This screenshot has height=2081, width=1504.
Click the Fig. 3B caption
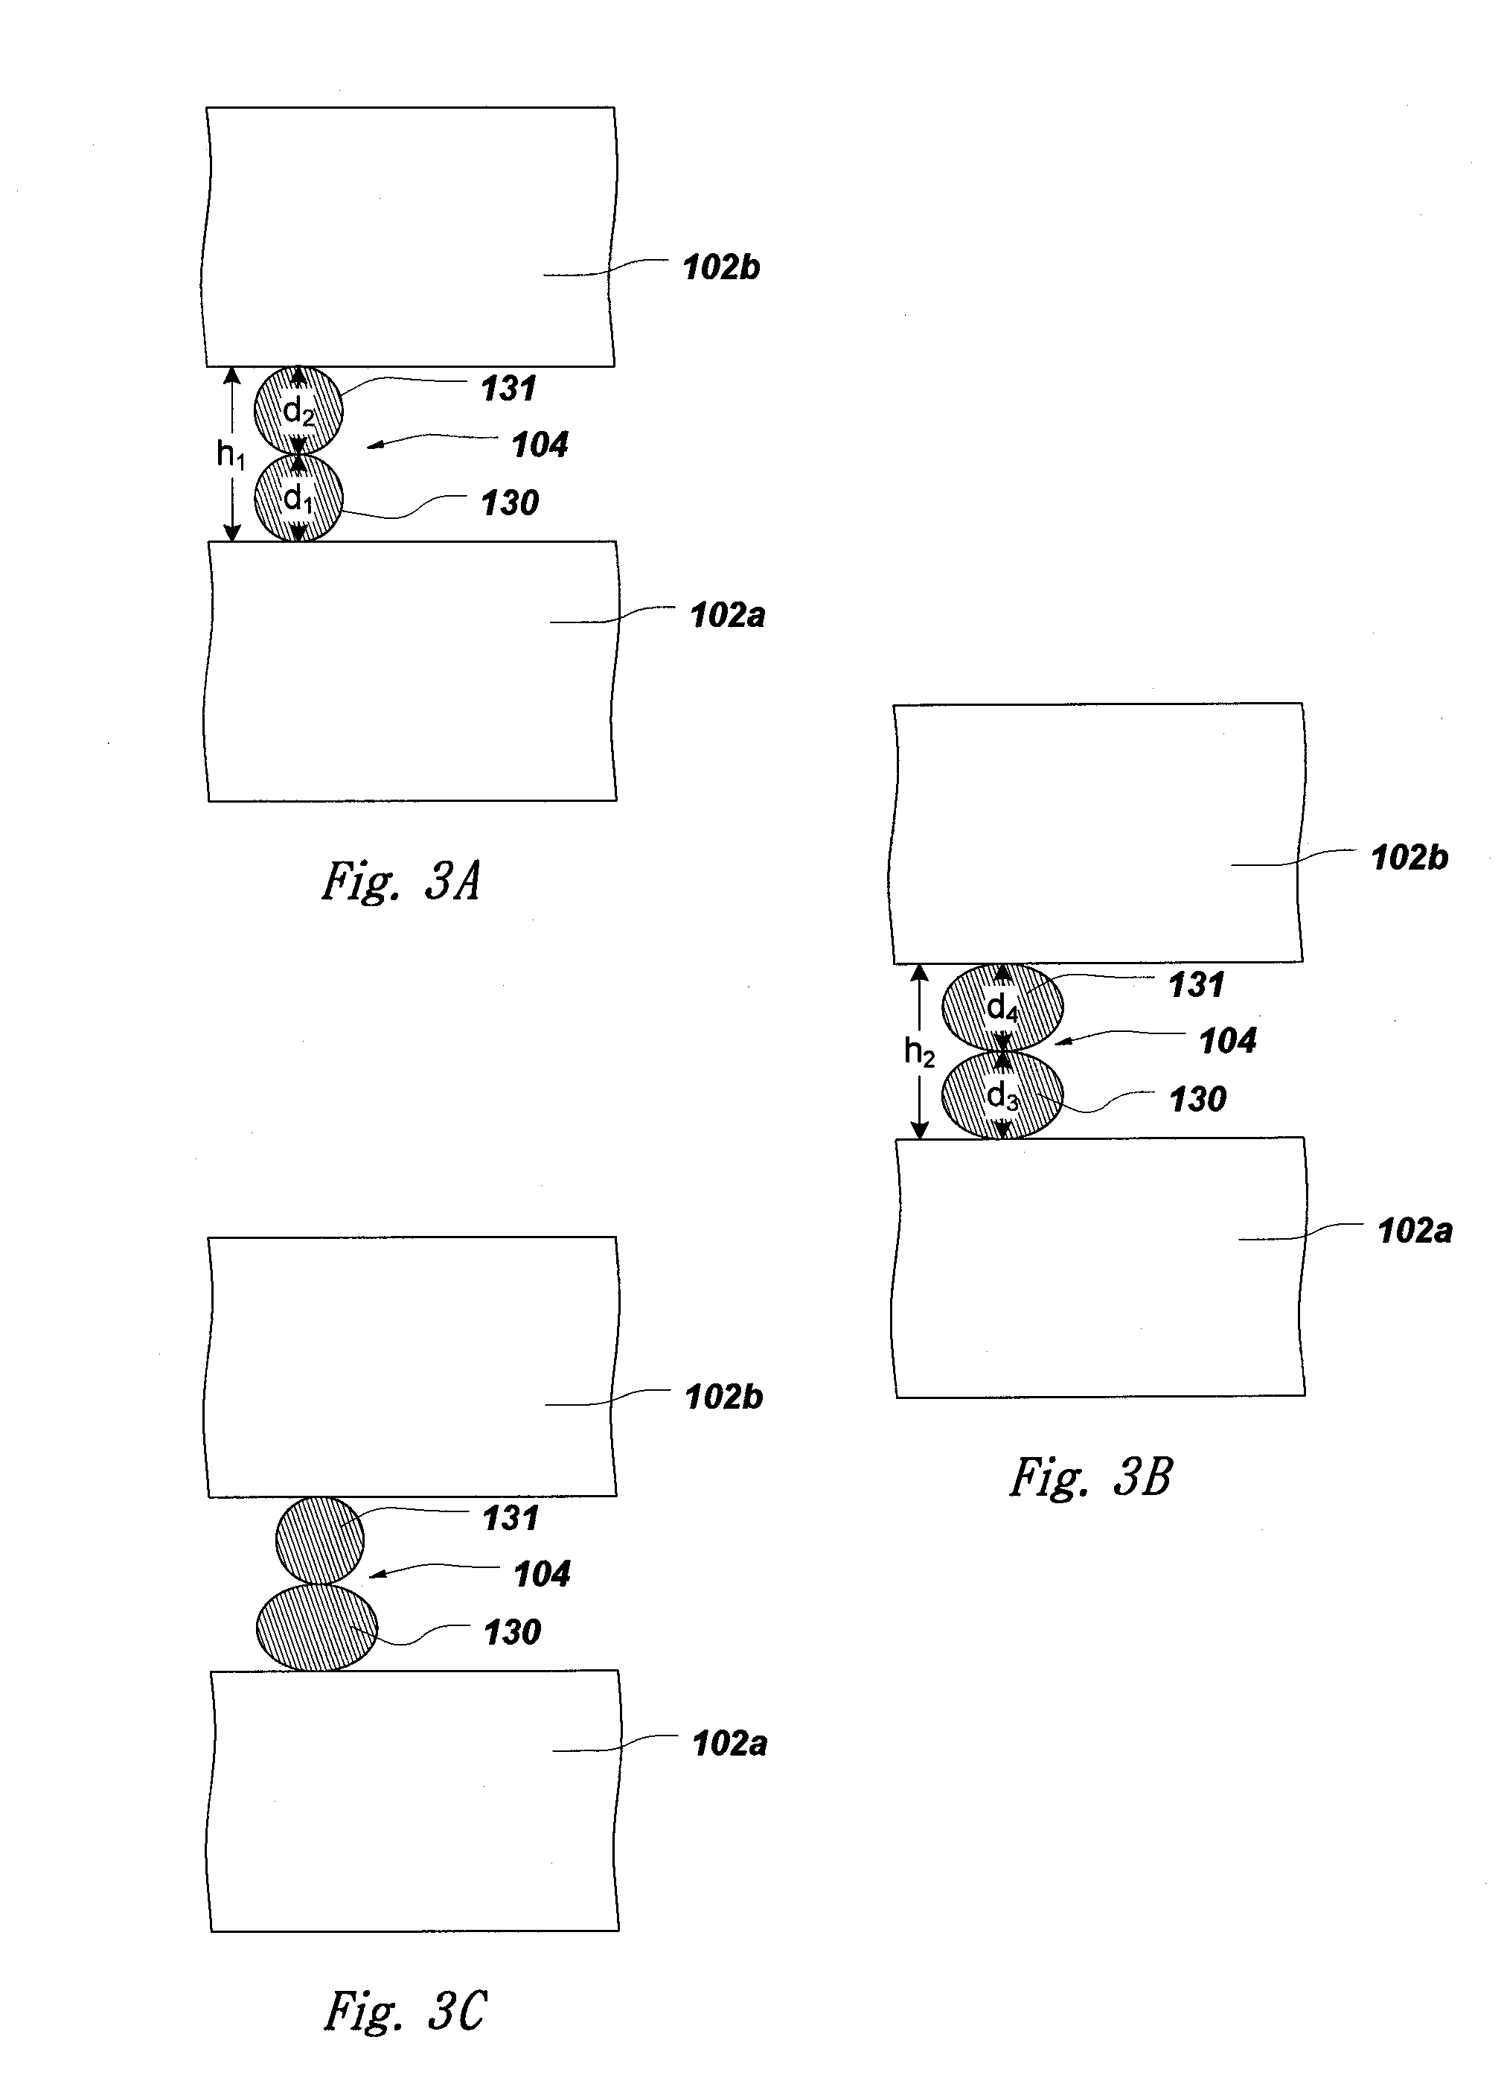tap(1090, 1478)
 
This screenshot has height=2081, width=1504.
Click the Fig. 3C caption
tap(404, 2010)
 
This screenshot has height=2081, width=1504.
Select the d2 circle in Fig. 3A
tap(298, 410)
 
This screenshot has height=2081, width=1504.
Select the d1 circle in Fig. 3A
tap(298, 498)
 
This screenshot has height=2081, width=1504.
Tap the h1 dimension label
tap(230, 454)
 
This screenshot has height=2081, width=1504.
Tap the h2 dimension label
tap(919, 1051)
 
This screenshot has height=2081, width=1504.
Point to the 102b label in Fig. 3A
tap(721, 268)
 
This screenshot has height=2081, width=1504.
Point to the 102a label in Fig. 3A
tap(727, 616)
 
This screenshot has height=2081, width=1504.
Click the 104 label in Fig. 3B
tap(1228, 1042)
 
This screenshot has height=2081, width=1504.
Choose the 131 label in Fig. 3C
tap(510, 1519)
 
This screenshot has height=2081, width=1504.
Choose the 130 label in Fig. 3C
tap(512, 1632)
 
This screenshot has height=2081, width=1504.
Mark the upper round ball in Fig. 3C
tap(320, 1541)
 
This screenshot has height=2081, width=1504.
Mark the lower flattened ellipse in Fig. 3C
tap(316, 1628)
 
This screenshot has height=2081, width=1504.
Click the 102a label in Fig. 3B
tap(1415, 1231)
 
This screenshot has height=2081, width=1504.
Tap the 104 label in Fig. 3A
tap(540, 445)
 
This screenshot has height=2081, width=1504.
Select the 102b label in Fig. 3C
tap(723, 1398)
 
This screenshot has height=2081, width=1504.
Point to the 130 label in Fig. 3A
tap(510, 503)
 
